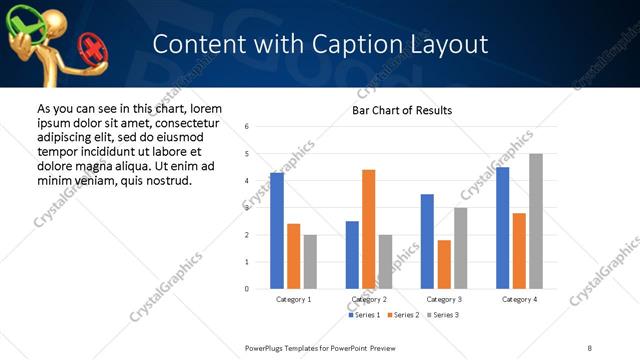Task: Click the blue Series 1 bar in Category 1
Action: [277, 231]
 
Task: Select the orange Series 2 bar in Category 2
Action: [368, 229]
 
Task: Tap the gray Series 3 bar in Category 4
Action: [535, 221]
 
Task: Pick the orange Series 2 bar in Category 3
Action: [444, 264]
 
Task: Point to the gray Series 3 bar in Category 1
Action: [310, 262]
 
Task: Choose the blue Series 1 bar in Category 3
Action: [427, 241]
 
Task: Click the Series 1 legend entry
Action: [362, 315]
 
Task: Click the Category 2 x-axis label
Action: [368, 299]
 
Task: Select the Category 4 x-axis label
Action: [519, 299]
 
